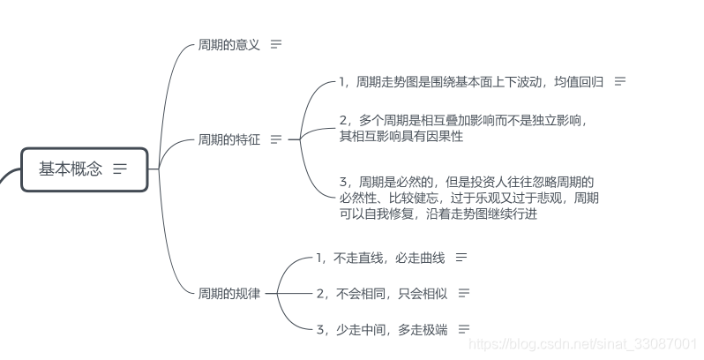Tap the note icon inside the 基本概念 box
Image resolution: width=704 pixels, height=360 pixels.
[120, 169]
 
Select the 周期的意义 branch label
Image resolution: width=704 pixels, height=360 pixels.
[228, 44]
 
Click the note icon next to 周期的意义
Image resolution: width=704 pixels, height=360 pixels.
[276, 44]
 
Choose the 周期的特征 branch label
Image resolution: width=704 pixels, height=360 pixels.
[228, 139]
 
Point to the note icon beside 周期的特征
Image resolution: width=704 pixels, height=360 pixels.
[276, 139]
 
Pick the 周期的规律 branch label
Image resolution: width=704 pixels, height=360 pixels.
[228, 293]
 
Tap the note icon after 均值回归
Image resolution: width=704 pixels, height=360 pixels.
[620, 82]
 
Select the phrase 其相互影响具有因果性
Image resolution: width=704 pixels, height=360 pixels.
[401, 136]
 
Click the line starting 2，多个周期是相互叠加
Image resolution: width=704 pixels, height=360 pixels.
[462, 120]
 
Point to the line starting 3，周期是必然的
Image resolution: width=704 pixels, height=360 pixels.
[466, 182]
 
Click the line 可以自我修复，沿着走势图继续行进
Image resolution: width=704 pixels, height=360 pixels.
[438, 214]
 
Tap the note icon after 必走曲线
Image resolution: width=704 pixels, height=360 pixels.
[461, 258]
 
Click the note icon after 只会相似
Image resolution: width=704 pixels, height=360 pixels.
[464, 293]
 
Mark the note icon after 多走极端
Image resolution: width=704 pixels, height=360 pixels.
[464, 329]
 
